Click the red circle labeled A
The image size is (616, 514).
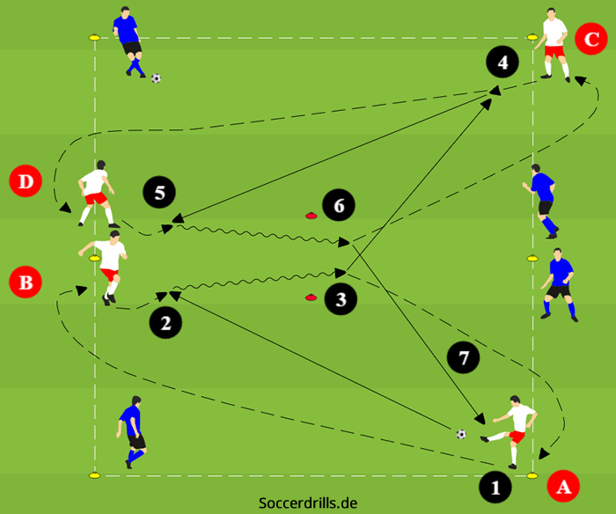pyautogui.click(x=563, y=484)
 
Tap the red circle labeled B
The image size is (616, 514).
pyautogui.click(x=25, y=283)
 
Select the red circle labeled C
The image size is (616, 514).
pyautogui.click(x=589, y=40)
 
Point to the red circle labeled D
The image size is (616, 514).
pyautogui.click(x=25, y=182)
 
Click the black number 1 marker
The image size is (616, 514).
pyautogui.click(x=495, y=485)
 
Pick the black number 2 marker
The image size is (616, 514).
pyautogui.click(x=165, y=323)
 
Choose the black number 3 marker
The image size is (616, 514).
pyautogui.click(x=341, y=299)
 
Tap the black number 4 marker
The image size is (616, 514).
pyautogui.click(x=502, y=62)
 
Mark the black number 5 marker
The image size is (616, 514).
pyautogui.click(x=159, y=192)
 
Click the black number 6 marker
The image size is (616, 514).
pyautogui.click(x=339, y=206)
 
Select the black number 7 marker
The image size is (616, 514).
pyautogui.click(x=464, y=356)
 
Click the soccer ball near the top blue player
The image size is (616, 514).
pyautogui.click(x=156, y=78)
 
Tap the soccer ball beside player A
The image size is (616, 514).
pyautogui.click(x=461, y=434)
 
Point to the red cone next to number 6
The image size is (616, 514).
pyautogui.click(x=311, y=214)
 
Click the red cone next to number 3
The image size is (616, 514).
pyautogui.click(x=311, y=297)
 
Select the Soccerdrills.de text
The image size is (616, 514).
pyautogui.click(x=307, y=503)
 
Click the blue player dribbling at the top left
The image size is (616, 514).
pyautogui.click(x=130, y=40)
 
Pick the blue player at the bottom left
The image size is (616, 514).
pyautogui.click(x=132, y=430)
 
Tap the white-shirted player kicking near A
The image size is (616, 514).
pyautogui.click(x=510, y=428)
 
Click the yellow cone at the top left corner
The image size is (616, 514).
pyautogui.click(x=94, y=38)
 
